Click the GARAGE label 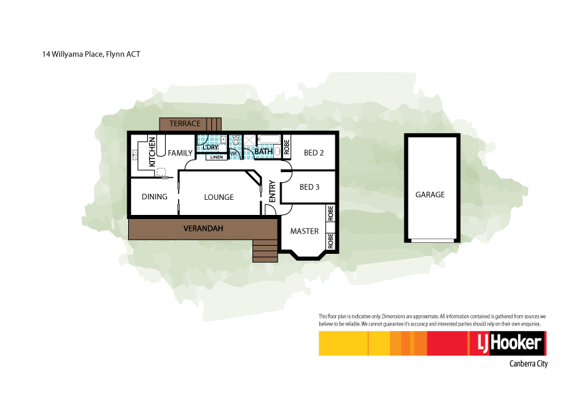(429, 194)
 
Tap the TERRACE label (185, 124)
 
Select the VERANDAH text (203, 228)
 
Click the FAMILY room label (181, 153)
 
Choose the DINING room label (155, 197)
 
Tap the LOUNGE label (219, 197)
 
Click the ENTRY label (272, 191)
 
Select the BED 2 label (314, 152)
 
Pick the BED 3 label (309, 187)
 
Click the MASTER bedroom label (304, 231)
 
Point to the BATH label (264, 151)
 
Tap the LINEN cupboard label (216, 157)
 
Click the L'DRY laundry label (209, 147)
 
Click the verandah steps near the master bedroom (265, 250)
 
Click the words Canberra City (528, 364)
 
